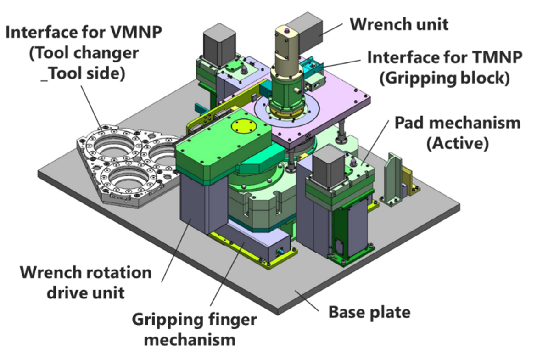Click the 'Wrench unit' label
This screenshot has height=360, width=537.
click(x=399, y=23)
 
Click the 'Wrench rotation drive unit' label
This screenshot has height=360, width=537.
click(x=85, y=282)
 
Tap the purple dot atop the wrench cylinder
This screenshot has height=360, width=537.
click(x=287, y=30)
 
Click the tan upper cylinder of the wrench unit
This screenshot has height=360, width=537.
click(x=287, y=51)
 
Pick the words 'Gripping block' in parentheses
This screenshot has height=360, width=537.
click(x=444, y=77)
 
